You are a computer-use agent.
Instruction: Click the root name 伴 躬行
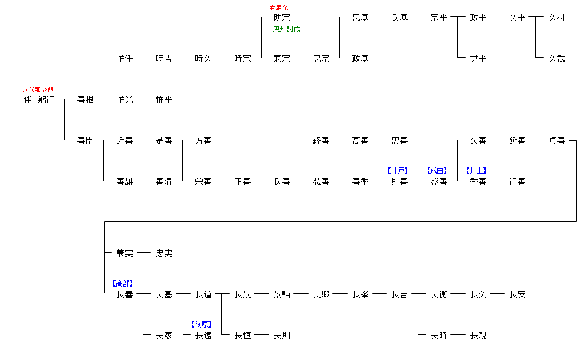39,100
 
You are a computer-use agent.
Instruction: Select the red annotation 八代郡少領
38,89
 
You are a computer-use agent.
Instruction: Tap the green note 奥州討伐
286,29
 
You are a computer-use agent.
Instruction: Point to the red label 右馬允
279,7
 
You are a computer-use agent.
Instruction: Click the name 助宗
282,18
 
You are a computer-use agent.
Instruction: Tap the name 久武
557,59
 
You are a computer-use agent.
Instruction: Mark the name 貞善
557,141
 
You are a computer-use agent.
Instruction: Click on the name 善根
85,100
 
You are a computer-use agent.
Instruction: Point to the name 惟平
164,100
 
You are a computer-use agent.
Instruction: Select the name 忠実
164,253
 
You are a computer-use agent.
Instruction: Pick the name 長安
518,294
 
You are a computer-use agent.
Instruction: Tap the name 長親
478,336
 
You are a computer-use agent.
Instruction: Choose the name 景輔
282,294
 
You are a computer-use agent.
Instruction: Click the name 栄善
203,182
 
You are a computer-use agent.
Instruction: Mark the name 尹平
478,59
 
